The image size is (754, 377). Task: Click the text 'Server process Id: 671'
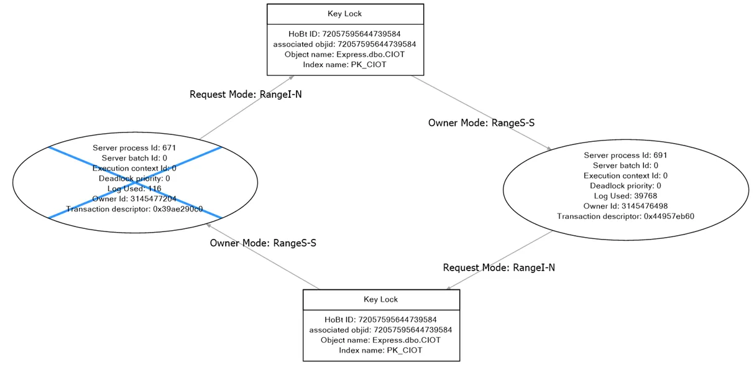pos(134,148)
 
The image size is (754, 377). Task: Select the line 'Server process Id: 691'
pos(625,156)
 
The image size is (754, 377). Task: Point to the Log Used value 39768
pos(625,196)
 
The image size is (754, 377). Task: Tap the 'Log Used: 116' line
pos(134,188)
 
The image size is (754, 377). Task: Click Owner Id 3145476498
pos(625,206)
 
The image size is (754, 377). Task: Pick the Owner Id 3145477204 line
pos(134,199)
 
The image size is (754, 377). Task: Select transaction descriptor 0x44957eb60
pos(625,216)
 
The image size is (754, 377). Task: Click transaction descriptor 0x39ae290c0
pos(134,209)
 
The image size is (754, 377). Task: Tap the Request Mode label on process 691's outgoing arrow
pos(499,268)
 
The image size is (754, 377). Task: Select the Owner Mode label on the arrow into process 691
pos(481,123)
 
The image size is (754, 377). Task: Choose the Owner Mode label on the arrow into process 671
pos(263,243)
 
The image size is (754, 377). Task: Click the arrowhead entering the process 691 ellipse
pos(548,149)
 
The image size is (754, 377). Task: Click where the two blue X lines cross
pos(134,182)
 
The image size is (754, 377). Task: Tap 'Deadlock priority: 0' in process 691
pos(625,186)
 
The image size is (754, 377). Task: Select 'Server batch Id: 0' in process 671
pos(134,158)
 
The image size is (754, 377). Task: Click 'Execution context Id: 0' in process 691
pos(625,175)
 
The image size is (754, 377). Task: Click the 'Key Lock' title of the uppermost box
pos(344,14)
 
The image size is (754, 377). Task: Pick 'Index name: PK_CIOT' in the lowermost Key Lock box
pos(380,350)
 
